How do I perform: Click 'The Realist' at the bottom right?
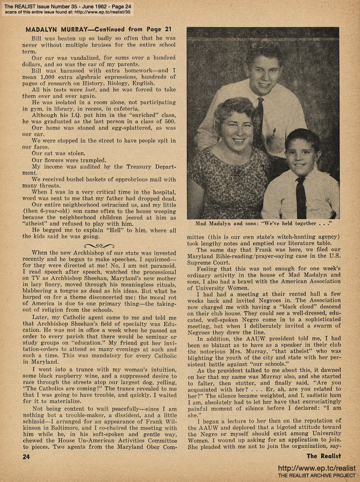[x=323, y=456]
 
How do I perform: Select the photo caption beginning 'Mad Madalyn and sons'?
[x=262, y=223]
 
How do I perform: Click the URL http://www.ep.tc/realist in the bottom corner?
[x=316, y=468]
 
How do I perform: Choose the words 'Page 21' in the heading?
[x=157, y=30]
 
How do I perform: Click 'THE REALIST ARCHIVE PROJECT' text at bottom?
[x=316, y=475]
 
